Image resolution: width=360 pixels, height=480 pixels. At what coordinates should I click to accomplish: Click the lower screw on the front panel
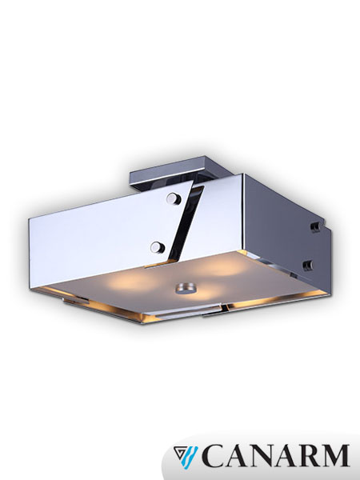[158, 246]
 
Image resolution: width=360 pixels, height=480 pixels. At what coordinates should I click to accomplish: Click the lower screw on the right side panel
[306, 262]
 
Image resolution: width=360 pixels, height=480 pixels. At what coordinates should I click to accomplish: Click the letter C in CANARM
[213, 455]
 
